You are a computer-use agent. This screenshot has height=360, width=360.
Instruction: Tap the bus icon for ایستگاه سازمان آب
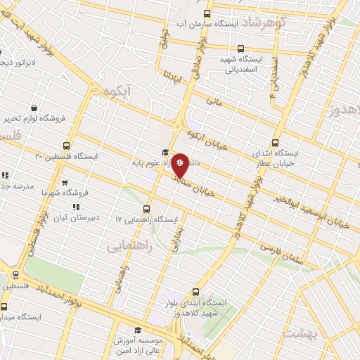(x=206, y=13)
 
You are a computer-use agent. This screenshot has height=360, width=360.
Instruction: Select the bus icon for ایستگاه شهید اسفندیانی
(x=240, y=49)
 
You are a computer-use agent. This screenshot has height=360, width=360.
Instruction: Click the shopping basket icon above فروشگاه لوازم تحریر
(x=34, y=108)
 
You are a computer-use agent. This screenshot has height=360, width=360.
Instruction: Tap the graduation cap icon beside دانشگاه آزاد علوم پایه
(x=165, y=152)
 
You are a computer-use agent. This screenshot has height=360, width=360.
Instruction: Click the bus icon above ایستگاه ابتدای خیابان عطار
(x=275, y=142)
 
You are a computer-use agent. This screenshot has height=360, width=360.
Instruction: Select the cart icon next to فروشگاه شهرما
(x=65, y=181)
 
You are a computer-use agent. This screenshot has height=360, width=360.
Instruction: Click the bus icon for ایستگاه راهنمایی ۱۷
(x=146, y=209)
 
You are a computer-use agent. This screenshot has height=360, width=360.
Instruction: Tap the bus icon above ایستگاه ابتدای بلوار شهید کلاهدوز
(x=196, y=292)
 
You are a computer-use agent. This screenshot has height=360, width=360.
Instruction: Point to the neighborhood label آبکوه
(x=118, y=91)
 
